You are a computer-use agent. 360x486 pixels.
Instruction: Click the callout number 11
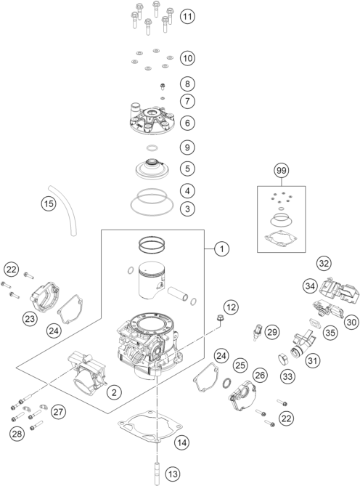187,16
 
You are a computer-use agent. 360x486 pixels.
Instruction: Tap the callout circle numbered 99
282,170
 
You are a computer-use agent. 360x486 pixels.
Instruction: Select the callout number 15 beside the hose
49,203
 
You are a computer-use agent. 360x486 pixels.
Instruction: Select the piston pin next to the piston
178,294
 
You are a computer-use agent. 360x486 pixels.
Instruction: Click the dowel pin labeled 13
157,473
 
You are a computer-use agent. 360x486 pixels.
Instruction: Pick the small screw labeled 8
162,86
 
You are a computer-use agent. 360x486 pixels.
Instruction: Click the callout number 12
231,307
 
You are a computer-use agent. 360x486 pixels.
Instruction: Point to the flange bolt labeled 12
221,318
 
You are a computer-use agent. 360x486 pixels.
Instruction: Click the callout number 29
271,332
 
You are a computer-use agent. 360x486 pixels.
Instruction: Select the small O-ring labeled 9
151,148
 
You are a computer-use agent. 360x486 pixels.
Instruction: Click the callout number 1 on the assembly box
221,248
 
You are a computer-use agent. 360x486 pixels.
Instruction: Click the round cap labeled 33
284,360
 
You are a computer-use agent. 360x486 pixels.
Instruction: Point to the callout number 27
58,412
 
